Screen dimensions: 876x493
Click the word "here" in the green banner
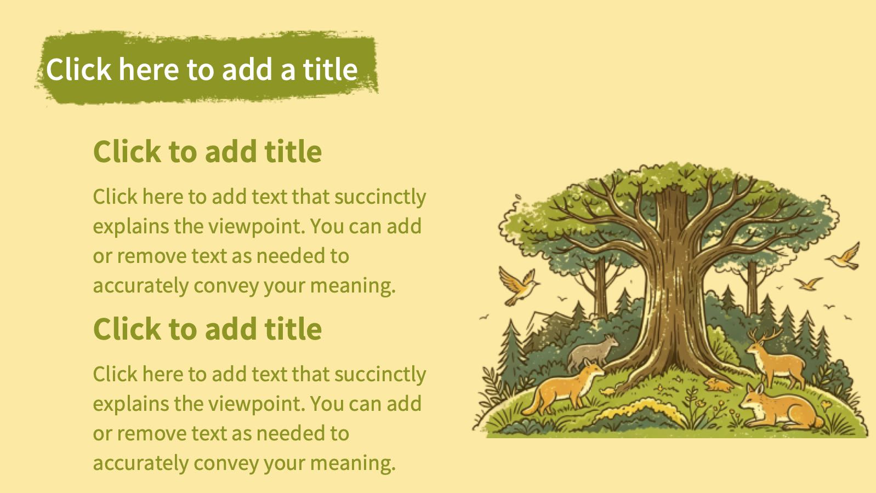(x=149, y=69)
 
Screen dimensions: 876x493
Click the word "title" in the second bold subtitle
(x=293, y=329)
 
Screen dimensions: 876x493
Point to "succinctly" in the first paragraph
(x=380, y=197)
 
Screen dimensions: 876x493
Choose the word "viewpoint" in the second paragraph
(x=255, y=404)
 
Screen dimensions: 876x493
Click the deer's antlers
(x=765, y=335)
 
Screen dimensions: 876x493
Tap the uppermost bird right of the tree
(x=845, y=256)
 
